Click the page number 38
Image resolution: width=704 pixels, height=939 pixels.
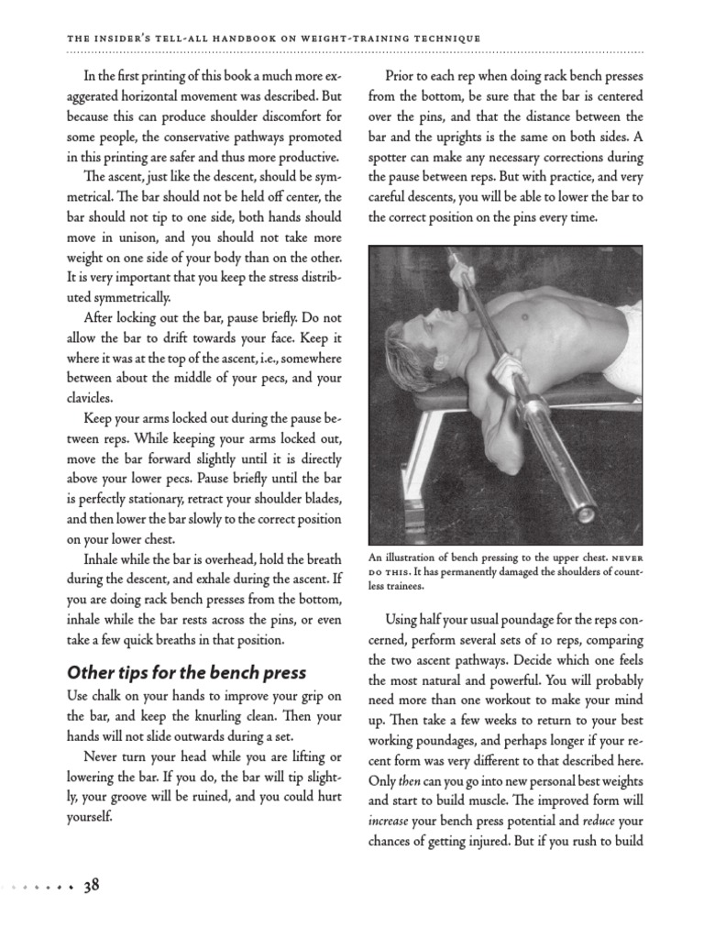[x=92, y=886]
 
